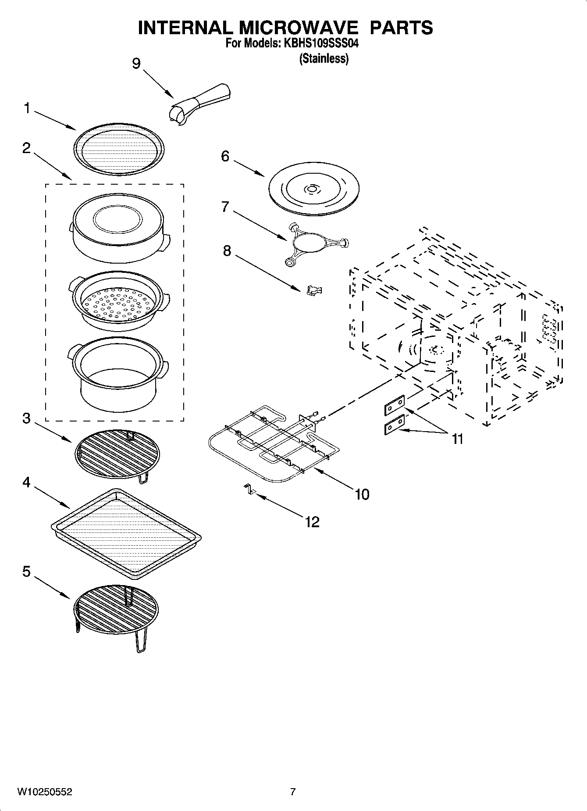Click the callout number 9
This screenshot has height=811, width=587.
coord(136,64)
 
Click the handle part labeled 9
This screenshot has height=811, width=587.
coord(202,100)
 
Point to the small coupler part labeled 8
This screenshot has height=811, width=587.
coord(314,290)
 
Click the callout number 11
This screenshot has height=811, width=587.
coord(457,439)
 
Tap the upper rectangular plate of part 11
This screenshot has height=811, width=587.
coord(394,406)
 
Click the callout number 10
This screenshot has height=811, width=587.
coord(362,494)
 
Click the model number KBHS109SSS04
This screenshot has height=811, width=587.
coord(324,44)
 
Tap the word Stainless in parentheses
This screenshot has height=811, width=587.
coord(324,59)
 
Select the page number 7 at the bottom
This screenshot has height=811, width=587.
coord(293,792)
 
